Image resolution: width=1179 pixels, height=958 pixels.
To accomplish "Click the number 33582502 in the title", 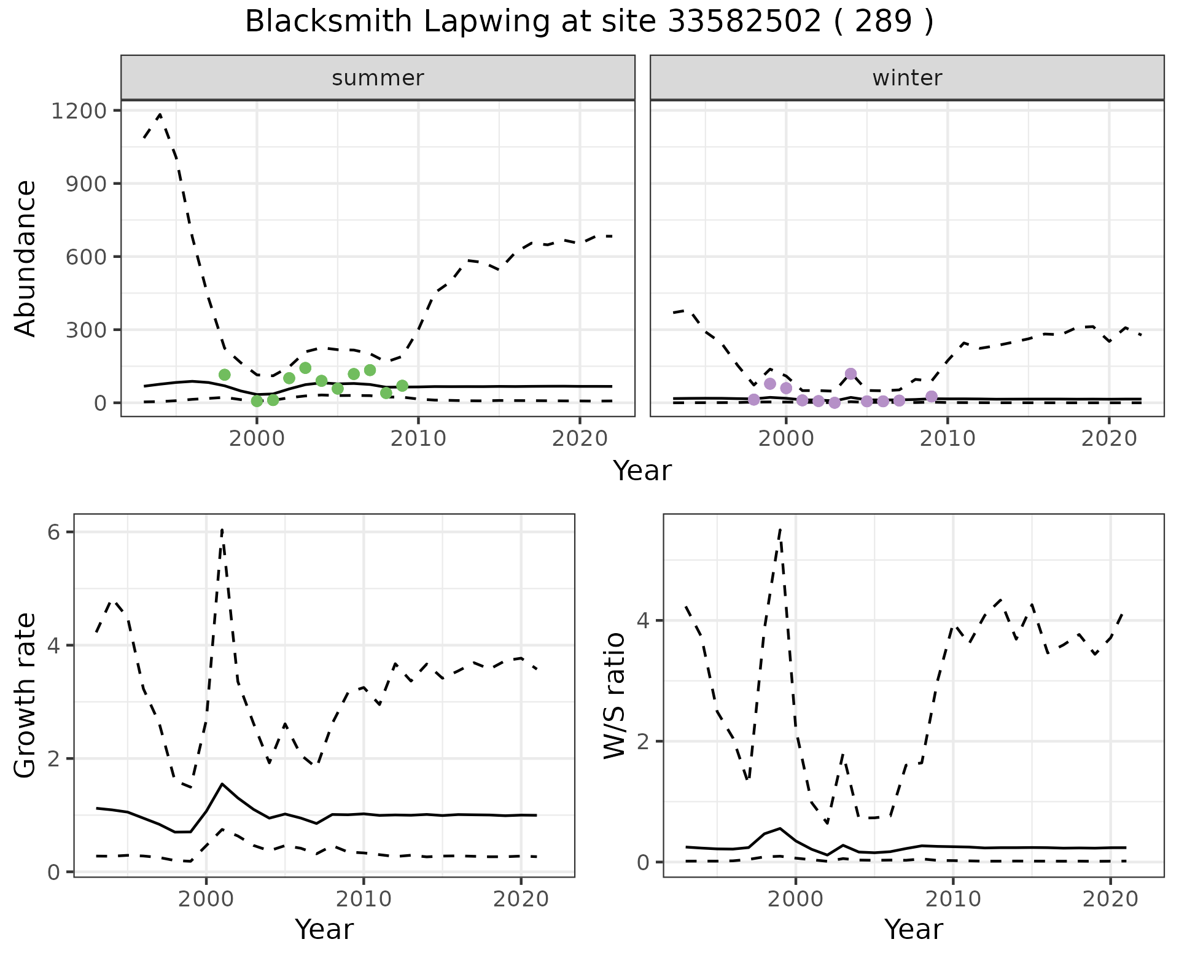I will [x=744, y=22].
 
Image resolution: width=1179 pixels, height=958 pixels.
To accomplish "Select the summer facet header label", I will [x=378, y=78].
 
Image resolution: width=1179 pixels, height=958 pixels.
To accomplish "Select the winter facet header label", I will [x=907, y=78].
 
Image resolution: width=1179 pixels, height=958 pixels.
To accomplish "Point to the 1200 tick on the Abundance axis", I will [x=79, y=111].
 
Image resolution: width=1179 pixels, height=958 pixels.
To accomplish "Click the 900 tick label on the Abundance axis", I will [x=87, y=184].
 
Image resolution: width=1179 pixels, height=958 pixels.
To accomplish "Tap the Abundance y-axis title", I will [x=26, y=258].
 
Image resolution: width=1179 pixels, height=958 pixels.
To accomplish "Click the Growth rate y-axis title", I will [x=26, y=695].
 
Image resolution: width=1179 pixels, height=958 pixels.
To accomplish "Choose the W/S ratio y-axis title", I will [x=615, y=695].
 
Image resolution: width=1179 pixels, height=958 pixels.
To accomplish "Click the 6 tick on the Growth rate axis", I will [x=54, y=532].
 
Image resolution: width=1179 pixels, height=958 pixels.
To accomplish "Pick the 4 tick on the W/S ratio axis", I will [x=643, y=620].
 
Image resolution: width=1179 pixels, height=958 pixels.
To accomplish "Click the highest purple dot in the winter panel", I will [x=850, y=373].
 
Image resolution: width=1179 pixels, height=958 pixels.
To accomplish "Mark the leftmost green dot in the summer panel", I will [x=225, y=375].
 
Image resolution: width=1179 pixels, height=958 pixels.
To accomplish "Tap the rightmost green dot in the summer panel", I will [x=402, y=386].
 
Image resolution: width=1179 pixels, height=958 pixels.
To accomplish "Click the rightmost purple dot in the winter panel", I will [x=932, y=396].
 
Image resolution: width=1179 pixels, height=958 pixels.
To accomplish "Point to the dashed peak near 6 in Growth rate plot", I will [x=222, y=529].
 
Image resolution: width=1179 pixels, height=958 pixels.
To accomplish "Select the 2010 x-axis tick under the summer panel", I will [x=418, y=438].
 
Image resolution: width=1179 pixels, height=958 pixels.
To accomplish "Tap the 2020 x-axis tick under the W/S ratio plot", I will [x=1110, y=900].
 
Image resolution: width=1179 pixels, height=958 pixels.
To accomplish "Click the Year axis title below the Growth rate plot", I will [x=324, y=929].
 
